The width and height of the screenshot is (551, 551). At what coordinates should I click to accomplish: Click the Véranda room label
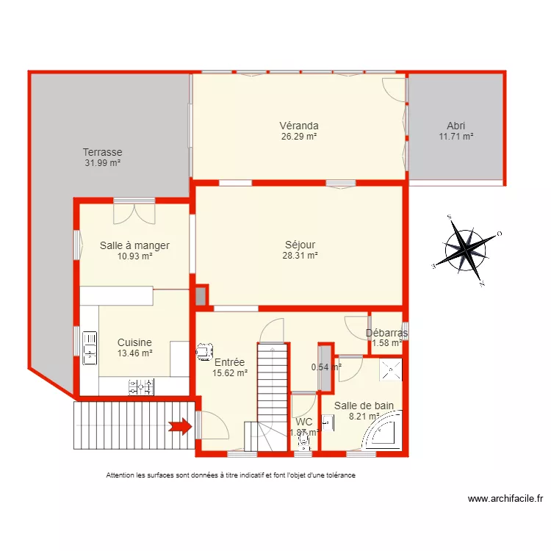pos(298,126)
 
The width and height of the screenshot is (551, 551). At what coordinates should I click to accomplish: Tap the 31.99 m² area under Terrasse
pos(102,164)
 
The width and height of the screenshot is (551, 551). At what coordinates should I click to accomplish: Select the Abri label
pos(455,126)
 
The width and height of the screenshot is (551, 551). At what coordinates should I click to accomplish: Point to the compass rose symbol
pos(465,249)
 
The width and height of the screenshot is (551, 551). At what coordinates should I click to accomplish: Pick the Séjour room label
pos(300,245)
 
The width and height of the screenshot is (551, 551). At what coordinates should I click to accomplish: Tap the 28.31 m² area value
pos(300,256)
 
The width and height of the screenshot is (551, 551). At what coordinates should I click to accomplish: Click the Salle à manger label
pos(134,245)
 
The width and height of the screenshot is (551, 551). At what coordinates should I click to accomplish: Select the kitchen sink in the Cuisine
pos(90,347)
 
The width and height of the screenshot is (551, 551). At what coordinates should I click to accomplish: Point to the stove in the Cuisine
pos(142,386)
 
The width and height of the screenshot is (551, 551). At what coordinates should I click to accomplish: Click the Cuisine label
pos(134,342)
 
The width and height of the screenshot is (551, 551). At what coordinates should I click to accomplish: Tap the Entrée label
pos(229,361)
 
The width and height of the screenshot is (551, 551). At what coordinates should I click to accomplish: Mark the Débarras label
pos(386,333)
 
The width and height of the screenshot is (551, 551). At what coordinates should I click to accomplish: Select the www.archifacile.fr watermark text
pos(505,500)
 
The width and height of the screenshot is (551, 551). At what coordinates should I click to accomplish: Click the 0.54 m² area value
pos(325,367)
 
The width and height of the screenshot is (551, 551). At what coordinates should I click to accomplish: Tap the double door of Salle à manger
pos(134,212)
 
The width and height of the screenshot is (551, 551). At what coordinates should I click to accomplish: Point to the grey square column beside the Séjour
pos(201,296)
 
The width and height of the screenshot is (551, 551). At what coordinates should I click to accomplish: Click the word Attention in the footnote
pos(122,475)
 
